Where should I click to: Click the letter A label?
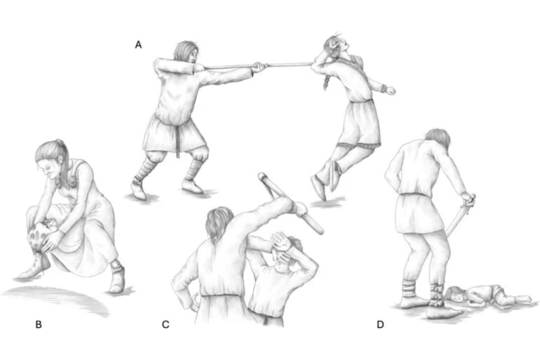click(x=138, y=45)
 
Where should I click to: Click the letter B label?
click(x=39, y=325)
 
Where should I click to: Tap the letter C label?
click(x=165, y=325)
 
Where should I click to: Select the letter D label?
click(x=380, y=325)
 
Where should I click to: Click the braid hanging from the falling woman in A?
click(x=326, y=82)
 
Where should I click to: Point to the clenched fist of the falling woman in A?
click(x=391, y=91)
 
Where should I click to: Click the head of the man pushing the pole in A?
click(x=186, y=51)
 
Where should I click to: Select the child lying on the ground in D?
click(x=487, y=296)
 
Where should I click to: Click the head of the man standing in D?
click(x=437, y=138)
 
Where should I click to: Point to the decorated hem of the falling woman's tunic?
click(x=359, y=145)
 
